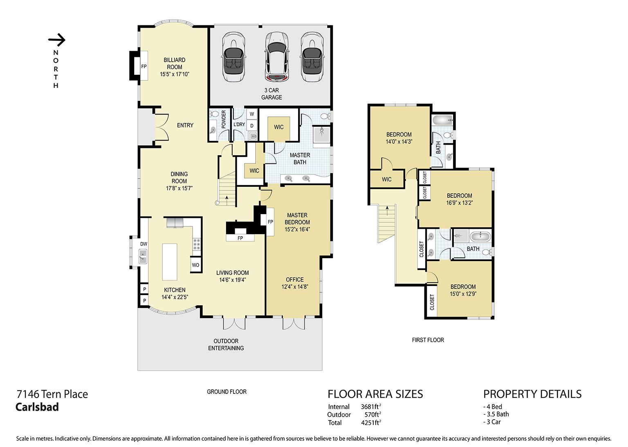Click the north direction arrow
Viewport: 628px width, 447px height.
point(57,40)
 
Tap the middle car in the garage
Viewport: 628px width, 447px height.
point(277,57)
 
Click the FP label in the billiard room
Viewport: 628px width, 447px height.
point(144,67)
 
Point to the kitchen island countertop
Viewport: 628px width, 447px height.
point(170,262)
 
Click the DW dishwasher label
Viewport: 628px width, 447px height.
point(144,244)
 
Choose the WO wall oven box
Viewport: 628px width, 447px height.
point(195,265)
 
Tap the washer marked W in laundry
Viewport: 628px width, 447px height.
point(252,114)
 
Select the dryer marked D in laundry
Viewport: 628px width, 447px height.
point(252,126)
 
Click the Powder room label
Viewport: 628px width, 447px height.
point(224,119)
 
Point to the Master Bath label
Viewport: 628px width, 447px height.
point(300,159)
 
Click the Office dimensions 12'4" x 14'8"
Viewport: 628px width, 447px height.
point(295,287)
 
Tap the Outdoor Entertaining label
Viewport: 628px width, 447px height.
point(226,344)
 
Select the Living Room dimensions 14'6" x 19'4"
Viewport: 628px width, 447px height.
point(232,280)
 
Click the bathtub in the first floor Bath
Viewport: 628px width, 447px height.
point(480,236)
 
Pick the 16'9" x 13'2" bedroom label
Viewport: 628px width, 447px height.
point(459,203)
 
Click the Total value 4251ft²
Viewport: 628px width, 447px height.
point(371,422)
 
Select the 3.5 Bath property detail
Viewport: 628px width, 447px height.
point(496,414)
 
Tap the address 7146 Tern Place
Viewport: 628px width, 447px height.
point(52,394)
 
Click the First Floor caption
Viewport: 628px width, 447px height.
point(428,340)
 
